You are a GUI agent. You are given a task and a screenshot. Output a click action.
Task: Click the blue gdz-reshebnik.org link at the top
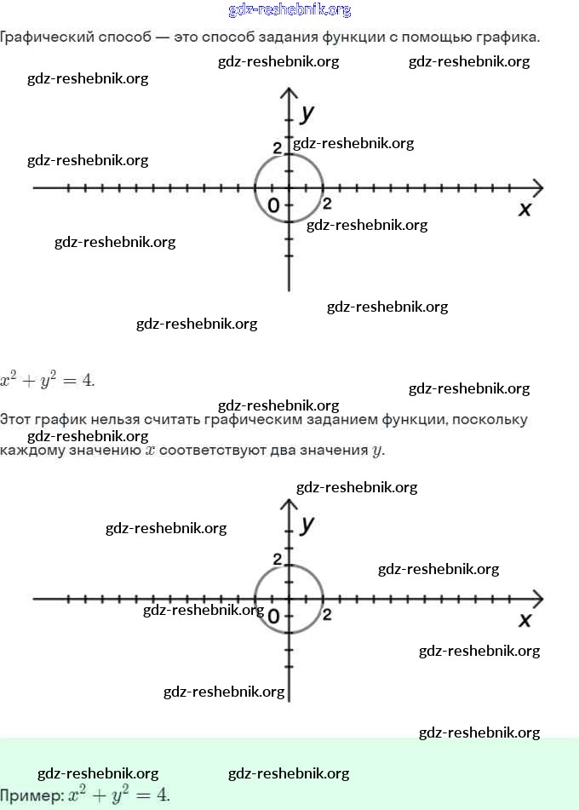point(289,10)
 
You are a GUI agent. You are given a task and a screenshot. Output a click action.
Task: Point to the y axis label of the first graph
point(307,112)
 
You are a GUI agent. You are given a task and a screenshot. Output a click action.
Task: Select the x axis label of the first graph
point(525,209)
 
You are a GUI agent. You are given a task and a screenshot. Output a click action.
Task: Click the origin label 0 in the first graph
point(273,205)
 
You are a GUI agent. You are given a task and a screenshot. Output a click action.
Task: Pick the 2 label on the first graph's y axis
point(277,149)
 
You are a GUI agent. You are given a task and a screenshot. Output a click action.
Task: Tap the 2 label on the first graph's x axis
point(327,204)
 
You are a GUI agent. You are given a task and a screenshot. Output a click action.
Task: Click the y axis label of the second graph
point(307,523)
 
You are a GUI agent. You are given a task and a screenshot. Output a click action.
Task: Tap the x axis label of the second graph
point(525,619)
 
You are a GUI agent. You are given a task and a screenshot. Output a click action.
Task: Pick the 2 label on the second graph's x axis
point(327,614)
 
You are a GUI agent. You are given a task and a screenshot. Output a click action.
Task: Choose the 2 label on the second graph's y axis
point(277,559)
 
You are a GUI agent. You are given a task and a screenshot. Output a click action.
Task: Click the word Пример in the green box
point(29,796)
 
